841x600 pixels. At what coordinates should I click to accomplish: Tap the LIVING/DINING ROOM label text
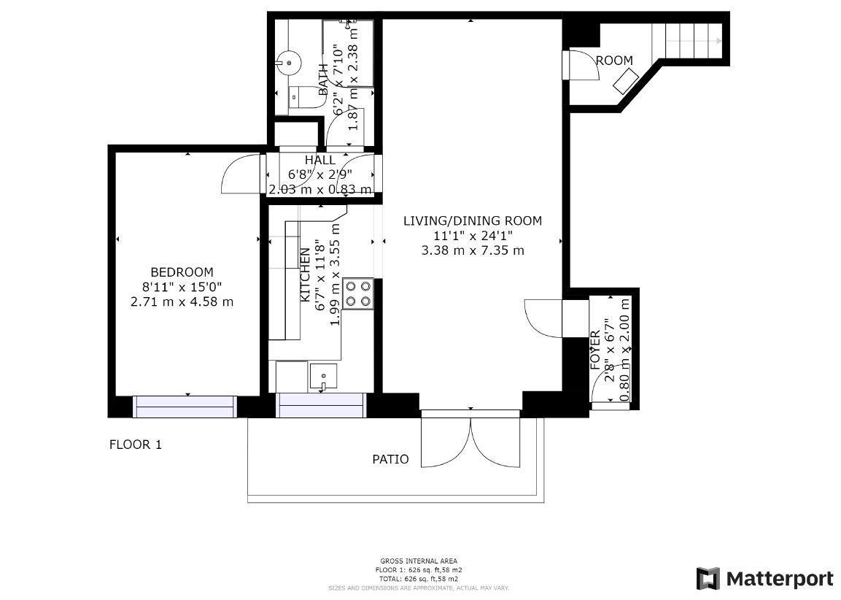[x=473, y=221]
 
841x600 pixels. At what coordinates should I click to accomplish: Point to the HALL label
[x=320, y=160]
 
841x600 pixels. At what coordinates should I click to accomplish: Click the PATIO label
[x=390, y=459]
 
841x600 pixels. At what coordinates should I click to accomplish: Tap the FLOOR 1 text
[x=135, y=445]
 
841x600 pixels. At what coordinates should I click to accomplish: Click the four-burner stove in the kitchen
[x=358, y=293]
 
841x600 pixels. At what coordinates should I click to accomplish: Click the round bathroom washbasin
[x=289, y=63]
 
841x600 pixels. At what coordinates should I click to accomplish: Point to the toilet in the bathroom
[x=302, y=97]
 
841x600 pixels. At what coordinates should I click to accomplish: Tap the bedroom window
[x=185, y=406]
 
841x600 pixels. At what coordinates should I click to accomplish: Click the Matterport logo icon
[x=708, y=579]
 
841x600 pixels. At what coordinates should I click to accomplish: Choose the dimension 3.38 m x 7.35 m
[x=473, y=250]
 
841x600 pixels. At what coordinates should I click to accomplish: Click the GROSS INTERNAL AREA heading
[x=419, y=561]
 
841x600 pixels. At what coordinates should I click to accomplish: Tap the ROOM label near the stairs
[x=614, y=61]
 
